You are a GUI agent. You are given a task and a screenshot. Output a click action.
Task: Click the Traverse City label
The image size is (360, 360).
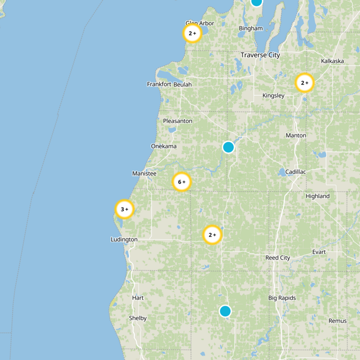pos(260,55)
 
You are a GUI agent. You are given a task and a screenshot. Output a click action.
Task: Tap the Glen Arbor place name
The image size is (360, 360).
pos(200,23)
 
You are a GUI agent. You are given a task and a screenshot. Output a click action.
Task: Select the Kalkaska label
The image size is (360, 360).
pos(333,61)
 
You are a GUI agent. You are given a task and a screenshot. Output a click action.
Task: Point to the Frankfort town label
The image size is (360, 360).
pos(159,84)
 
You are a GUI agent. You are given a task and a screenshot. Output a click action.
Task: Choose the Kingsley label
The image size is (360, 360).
pos(274,95)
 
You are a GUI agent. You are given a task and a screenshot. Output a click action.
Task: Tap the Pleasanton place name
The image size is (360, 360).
pos(177,121)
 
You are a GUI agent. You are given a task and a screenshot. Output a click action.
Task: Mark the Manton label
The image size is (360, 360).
pos(296,135)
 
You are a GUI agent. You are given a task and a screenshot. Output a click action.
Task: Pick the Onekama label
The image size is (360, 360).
pos(164,146)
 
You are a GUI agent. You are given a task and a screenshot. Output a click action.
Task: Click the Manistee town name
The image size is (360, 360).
pos(144,173)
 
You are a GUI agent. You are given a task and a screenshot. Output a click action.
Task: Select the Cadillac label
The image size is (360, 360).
pos(295,172)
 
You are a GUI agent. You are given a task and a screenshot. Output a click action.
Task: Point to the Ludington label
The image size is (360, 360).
pos(124,239)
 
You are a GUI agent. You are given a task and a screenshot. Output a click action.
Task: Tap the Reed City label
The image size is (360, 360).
pos(278,258)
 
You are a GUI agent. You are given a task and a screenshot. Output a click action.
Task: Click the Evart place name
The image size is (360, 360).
pos(319,252)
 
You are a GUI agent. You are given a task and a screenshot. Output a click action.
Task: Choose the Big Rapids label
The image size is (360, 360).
pos(282,298)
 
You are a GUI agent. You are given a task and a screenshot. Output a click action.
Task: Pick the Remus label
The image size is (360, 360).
pos(337,321)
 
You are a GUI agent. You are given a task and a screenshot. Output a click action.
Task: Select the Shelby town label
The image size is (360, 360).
pos(138,318)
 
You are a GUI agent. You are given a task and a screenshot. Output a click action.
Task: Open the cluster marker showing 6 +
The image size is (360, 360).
pos(182,182)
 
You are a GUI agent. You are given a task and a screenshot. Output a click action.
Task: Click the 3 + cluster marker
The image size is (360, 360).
pos(125,209)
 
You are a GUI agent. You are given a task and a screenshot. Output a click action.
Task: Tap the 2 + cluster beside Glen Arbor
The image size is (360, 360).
pos(192,33)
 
